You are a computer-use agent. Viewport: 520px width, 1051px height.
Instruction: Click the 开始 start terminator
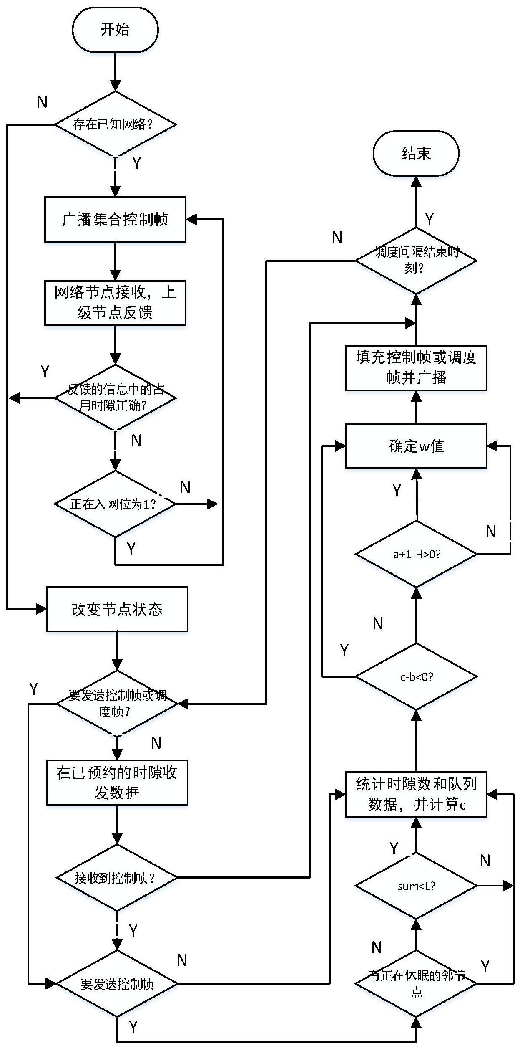[x=115, y=29]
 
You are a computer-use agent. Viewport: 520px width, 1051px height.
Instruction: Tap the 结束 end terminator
[x=416, y=153]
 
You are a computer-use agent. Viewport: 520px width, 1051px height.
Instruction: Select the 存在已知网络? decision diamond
[x=115, y=124]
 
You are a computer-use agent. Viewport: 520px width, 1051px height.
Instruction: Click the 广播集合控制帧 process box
[x=115, y=219]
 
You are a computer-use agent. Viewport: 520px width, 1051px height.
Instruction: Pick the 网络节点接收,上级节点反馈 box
[x=115, y=303]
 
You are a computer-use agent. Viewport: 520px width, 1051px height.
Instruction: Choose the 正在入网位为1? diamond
[x=115, y=504]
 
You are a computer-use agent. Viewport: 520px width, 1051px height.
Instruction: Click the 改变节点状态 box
[x=117, y=609]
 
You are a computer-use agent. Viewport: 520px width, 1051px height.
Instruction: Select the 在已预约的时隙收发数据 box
[x=117, y=783]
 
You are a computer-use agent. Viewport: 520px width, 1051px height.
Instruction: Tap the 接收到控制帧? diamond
[x=117, y=878]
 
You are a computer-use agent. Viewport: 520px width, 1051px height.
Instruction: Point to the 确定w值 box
[x=416, y=446]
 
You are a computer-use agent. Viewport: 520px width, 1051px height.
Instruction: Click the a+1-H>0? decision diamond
[x=416, y=554]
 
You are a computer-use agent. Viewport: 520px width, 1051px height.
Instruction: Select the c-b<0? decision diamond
[x=416, y=676]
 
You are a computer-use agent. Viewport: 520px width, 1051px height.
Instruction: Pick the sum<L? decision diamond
[x=416, y=886]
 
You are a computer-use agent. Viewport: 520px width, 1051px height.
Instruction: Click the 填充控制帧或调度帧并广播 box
[x=416, y=367]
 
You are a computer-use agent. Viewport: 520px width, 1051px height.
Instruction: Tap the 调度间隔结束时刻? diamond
[x=416, y=261]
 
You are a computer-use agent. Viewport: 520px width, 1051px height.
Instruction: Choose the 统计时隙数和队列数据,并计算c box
[x=416, y=794]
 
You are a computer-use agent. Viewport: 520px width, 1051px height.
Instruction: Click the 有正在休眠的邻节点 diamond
[x=416, y=983]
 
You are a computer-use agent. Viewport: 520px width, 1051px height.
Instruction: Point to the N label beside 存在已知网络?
[x=42, y=102]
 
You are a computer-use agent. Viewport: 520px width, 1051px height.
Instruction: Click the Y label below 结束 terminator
[x=429, y=218]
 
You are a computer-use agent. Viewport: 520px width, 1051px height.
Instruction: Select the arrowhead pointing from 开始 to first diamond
[x=115, y=86]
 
